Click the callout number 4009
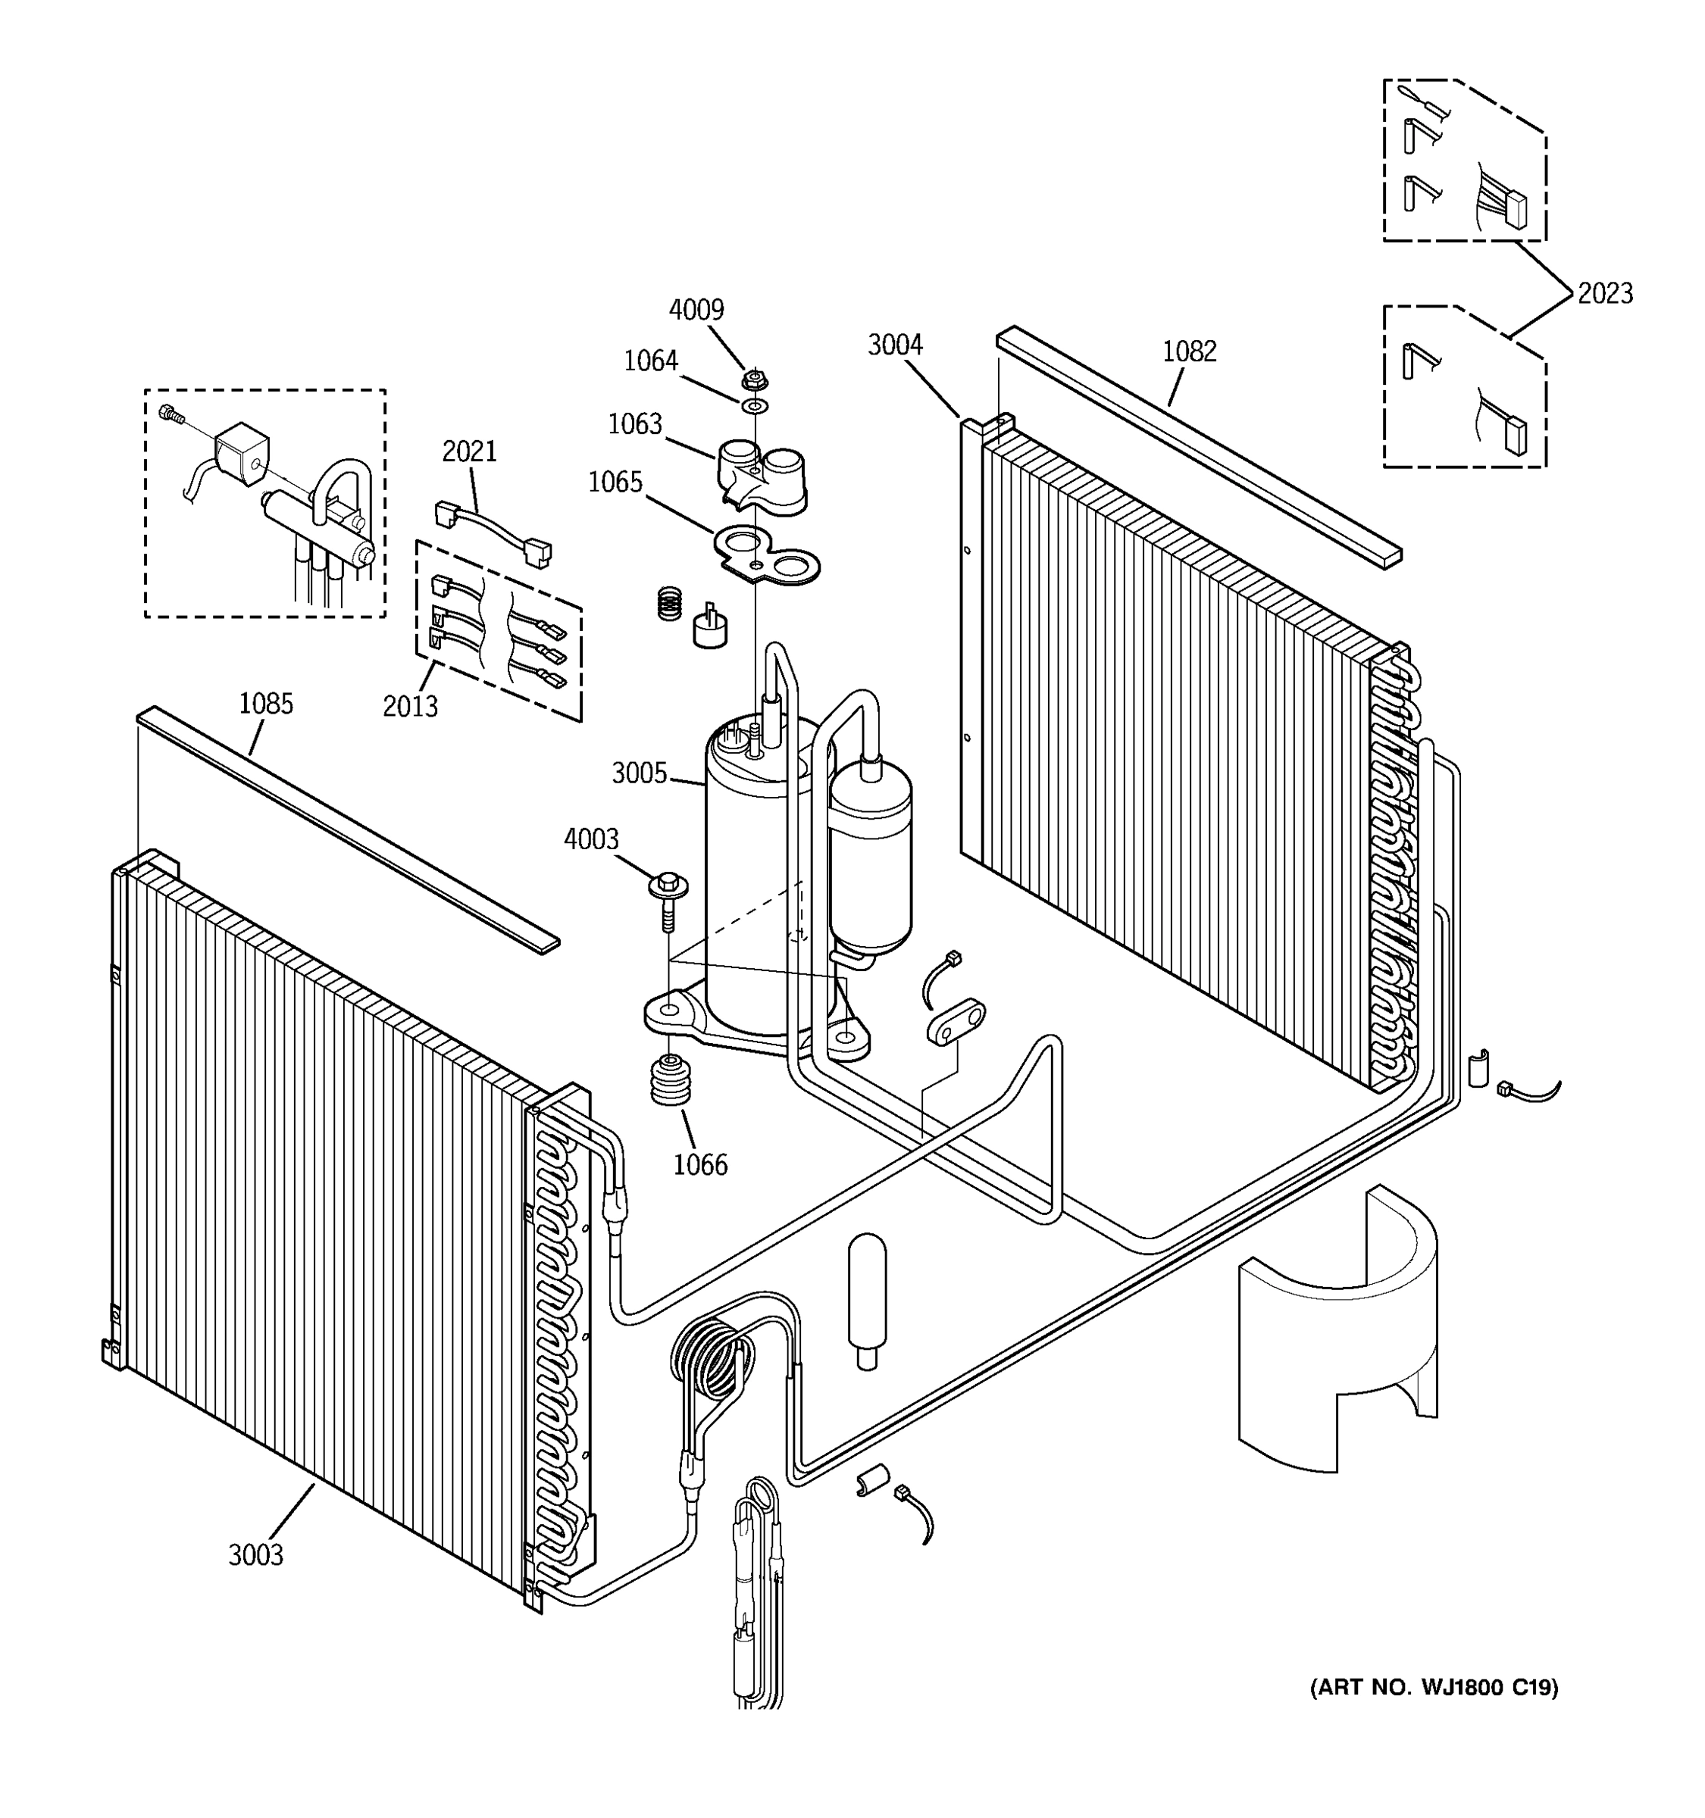(696, 310)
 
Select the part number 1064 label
(650, 361)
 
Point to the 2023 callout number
(1605, 294)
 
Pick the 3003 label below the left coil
(256, 1554)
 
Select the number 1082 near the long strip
(1189, 351)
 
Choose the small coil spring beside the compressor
(671, 603)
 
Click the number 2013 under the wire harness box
(410, 706)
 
